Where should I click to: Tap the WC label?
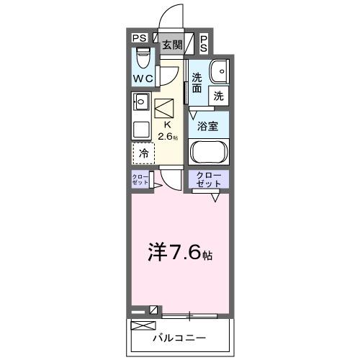tap(143, 78)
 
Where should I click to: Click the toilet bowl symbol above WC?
tap(143, 56)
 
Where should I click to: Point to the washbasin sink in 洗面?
tap(218, 71)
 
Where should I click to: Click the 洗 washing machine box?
tap(218, 94)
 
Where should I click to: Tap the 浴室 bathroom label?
tap(209, 125)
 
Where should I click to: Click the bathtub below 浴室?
tap(209, 153)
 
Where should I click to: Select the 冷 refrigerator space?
tap(144, 153)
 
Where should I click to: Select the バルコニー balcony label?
tap(179, 337)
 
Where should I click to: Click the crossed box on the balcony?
tap(138, 325)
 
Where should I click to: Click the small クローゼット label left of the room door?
tap(140, 181)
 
